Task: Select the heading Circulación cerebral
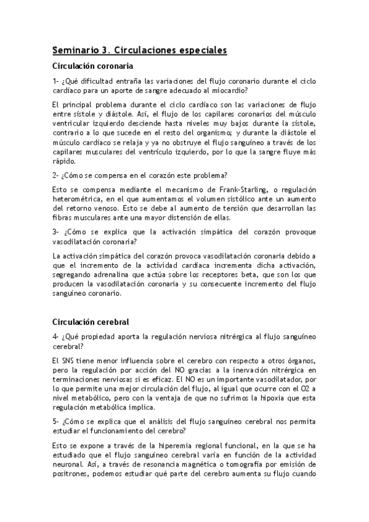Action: coord(90,322)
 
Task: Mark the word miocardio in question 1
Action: coord(225,90)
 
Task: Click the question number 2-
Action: coord(55,175)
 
